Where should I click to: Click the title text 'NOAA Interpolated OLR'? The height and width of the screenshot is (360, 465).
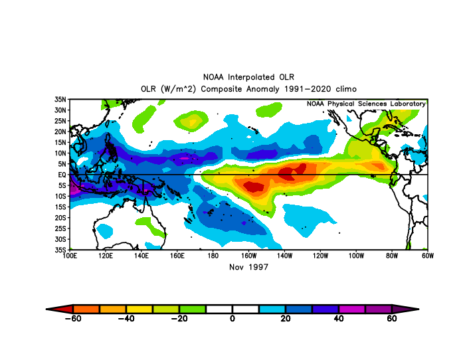tap(248, 77)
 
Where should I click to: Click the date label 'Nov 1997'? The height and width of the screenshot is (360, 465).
tap(248, 267)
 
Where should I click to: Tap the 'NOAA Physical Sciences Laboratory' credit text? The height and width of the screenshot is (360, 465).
tap(366, 104)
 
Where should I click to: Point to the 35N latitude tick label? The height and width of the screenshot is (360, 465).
tap(60, 100)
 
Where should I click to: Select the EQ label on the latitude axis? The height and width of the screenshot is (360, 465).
tap(62, 175)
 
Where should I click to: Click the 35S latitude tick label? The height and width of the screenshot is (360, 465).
tap(60, 250)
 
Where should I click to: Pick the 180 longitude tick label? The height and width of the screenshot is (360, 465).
tap(213, 256)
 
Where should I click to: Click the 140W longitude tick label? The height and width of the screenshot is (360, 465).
tap(284, 256)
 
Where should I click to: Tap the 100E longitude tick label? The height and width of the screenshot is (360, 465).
tap(70, 256)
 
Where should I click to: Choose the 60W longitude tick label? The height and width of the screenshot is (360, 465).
tap(428, 256)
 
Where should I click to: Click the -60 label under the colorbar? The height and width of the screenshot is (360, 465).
tap(73, 318)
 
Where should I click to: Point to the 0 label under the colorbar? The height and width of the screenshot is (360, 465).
tap(232, 318)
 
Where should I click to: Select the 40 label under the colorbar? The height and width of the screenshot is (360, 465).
tap(338, 318)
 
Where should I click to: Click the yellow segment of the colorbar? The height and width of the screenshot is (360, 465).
tap(139, 309)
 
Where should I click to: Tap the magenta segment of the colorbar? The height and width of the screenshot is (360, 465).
tap(352, 309)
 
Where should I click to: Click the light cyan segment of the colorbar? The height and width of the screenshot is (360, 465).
tap(272, 309)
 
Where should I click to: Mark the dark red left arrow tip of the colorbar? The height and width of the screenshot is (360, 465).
tap(46, 309)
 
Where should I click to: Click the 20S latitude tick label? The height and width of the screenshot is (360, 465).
tap(60, 218)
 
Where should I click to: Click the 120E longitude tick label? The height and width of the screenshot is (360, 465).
tap(106, 256)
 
